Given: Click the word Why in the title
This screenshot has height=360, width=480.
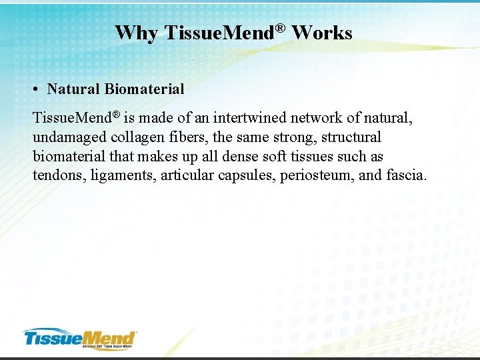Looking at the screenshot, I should coord(136,33).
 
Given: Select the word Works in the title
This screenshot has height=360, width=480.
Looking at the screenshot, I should coord(322,33).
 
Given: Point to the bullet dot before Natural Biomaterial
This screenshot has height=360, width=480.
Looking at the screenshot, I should coord(39,89).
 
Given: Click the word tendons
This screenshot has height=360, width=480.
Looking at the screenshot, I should coord(56,176).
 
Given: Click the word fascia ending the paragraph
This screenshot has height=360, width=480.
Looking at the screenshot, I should coord(405,176).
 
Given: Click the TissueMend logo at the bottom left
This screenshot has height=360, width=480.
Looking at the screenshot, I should coord(79,337).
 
